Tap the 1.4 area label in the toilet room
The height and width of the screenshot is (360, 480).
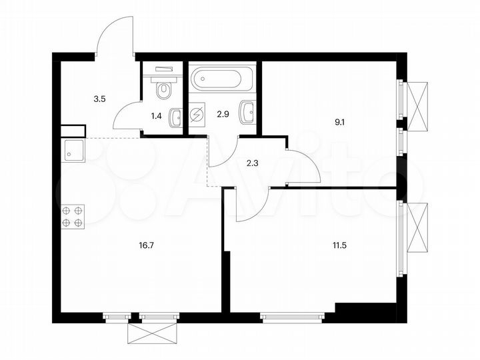pyautogui.click(x=157, y=115)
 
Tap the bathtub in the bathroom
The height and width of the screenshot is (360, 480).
pyautogui.click(x=223, y=80)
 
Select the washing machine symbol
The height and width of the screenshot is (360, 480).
pyautogui.click(x=197, y=116)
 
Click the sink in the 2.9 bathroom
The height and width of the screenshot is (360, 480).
pyautogui.click(x=249, y=112)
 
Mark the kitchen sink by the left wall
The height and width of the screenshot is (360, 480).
pyautogui.click(x=73, y=152)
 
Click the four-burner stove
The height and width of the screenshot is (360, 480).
pyautogui.click(x=73, y=217)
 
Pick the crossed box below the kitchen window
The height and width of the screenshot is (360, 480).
pyautogui.click(x=153, y=334)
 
